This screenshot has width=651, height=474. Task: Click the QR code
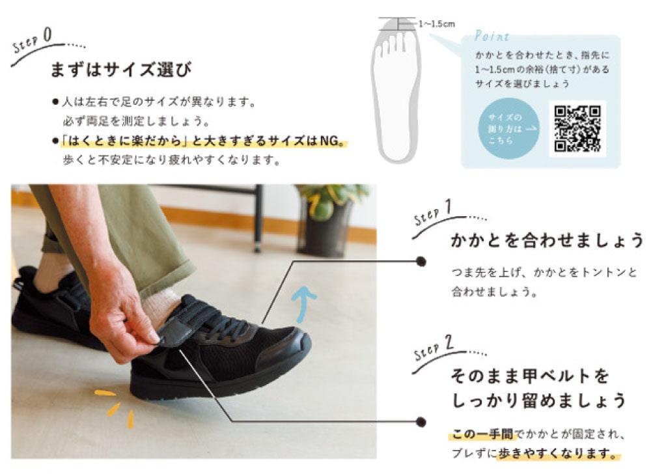pyautogui.click(x=577, y=129)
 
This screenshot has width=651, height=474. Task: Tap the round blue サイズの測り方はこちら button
pyautogui.click(x=509, y=129)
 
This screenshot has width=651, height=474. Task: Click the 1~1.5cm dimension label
pyautogui.click(x=437, y=24)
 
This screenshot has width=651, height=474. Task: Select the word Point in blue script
pyautogui.click(x=492, y=36)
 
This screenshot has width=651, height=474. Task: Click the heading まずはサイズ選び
pyautogui.click(x=121, y=69)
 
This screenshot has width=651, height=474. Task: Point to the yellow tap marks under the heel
pyautogui.click(x=115, y=408)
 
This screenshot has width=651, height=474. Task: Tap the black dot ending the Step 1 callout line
pyautogui.click(x=421, y=262)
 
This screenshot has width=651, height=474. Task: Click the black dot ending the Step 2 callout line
pyautogui.click(x=421, y=422)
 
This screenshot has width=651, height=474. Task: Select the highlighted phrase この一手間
pyautogui.click(x=482, y=434)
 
